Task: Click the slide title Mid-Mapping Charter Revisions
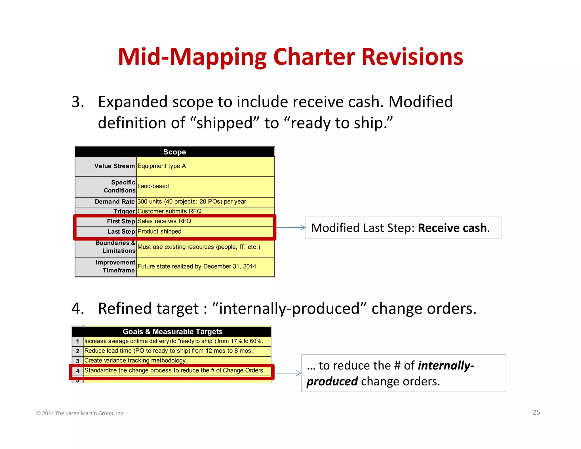tap(290, 57)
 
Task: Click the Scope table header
tap(174, 152)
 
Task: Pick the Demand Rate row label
tap(115, 202)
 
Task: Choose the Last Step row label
tap(121, 232)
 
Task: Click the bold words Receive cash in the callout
tap(452, 228)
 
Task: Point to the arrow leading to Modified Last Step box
tap(291, 227)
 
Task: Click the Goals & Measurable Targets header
tap(172, 331)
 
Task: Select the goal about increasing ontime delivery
tap(173, 341)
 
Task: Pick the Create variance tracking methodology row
tap(136, 360)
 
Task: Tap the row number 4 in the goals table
tap(77, 371)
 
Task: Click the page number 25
tap(536, 412)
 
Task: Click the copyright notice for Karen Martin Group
tap(80, 413)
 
